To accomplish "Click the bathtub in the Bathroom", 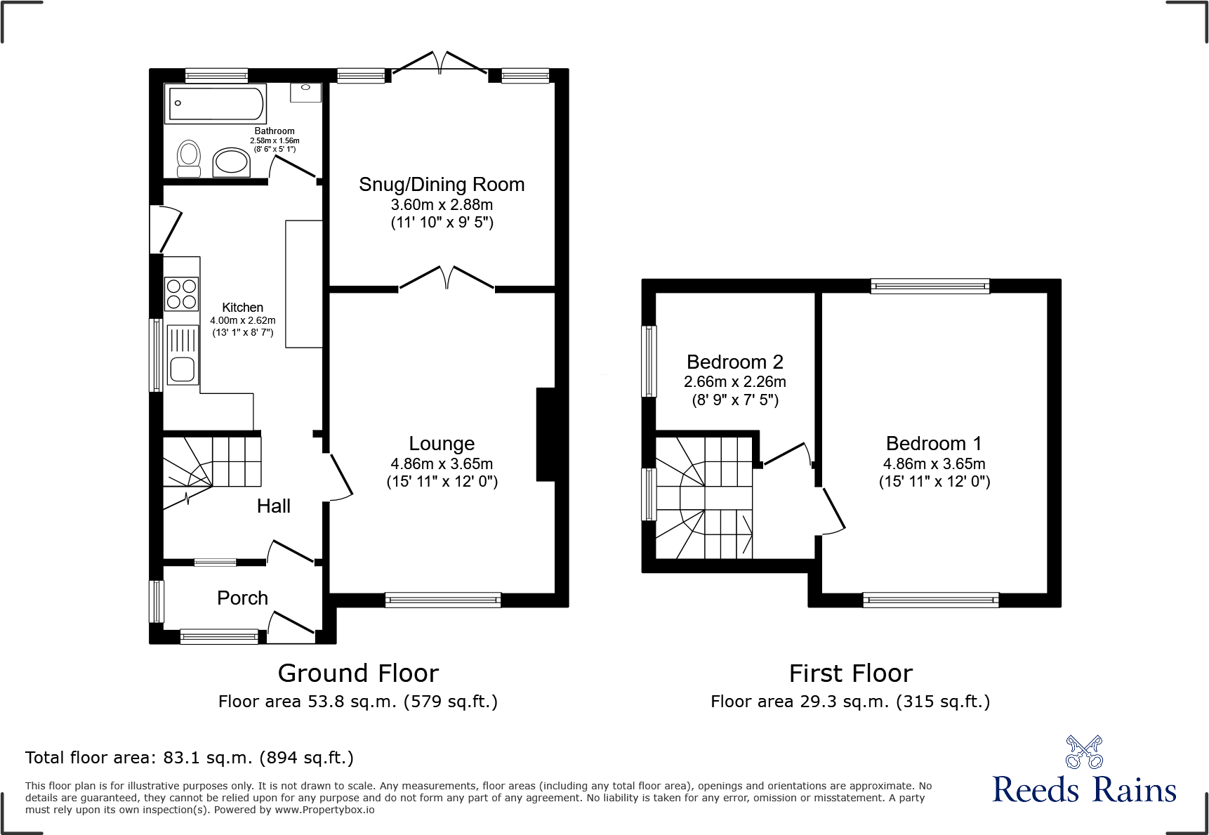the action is coord(216,103).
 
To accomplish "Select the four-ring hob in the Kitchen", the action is coord(182,294).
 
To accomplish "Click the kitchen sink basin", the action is coord(183,369).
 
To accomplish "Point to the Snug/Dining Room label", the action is coord(442,184).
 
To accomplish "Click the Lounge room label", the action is coord(442,443).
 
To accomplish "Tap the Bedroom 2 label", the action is coord(734,362).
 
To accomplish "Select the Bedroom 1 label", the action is coord(934,443).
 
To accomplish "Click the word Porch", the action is coord(242,598).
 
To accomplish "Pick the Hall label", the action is coord(273,506).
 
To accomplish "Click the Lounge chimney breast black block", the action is coord(546,435).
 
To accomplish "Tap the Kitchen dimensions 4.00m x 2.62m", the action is coord(243,320).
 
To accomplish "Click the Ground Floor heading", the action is coord(358,673).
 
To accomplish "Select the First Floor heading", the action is coord(851,673).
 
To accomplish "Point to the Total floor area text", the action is coord(190,758).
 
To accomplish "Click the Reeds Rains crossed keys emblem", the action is coord(1084,752).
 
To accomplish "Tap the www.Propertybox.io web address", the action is coord(324,810).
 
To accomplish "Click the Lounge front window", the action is coord(443,600).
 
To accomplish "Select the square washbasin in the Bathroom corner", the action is coord(305,92).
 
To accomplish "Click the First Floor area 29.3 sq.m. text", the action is coord(850,702).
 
